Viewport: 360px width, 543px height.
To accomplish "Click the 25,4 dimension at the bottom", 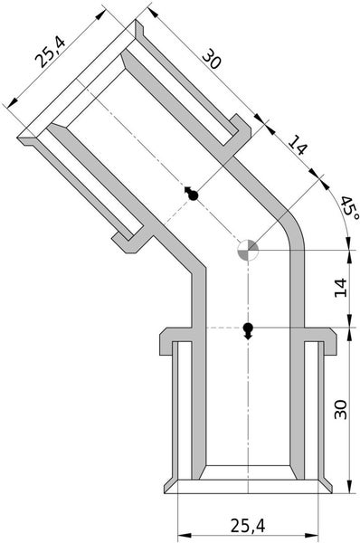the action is point(248,526).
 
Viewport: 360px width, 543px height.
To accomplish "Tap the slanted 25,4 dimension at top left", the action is point(50,52).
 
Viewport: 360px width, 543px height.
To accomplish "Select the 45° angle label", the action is point(350,207).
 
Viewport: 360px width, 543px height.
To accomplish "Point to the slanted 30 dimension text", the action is point(211,59).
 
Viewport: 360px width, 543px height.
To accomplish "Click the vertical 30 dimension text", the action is point(341,410).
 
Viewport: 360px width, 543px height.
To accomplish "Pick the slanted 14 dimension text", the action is point(298,146).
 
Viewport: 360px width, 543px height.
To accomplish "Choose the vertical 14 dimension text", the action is point(341,288).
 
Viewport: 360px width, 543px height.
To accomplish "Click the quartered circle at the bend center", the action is point(248,250).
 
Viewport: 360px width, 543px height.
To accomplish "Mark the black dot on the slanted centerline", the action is point(193,195).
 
